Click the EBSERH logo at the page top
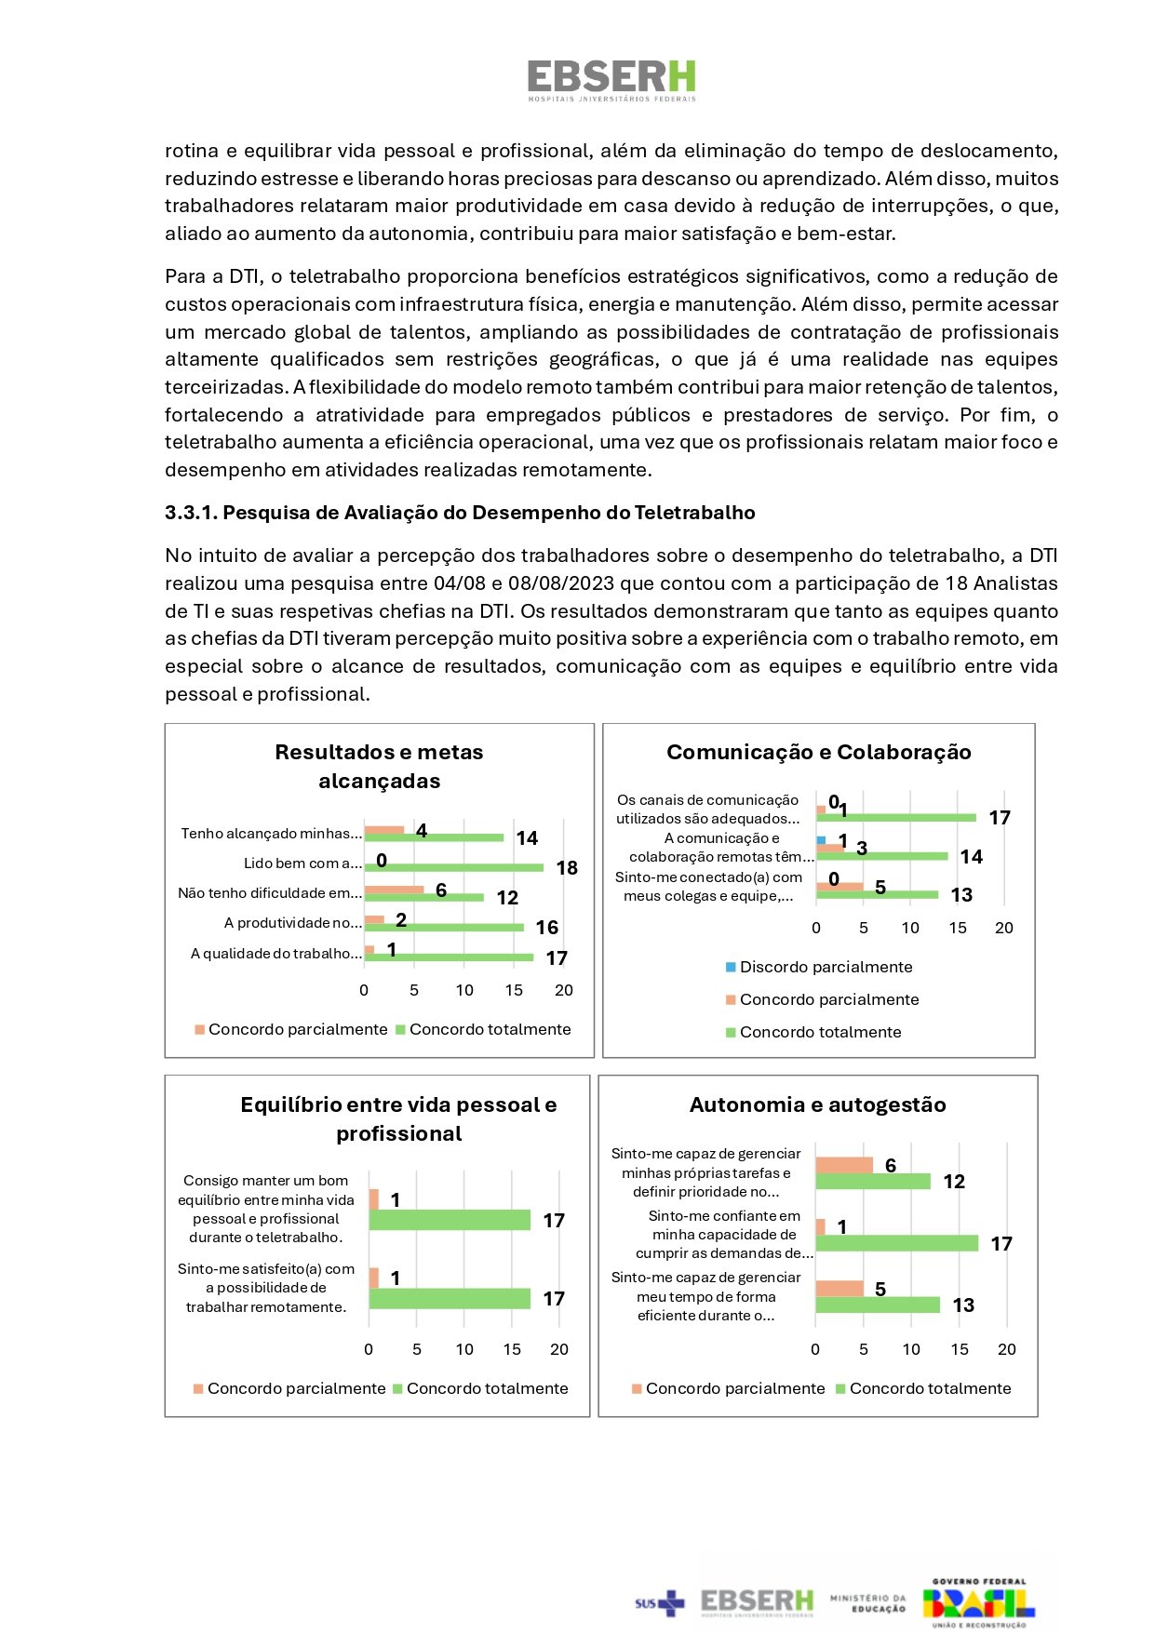point(611,80)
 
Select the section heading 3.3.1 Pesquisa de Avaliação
point(460,513)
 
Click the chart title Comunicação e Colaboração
point(818,752)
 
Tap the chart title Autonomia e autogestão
point(817,1104)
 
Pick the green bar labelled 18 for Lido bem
point(453,868)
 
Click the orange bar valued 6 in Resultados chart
point(394,890)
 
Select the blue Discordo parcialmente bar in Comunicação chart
point(821,840)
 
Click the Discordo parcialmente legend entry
point(818,967)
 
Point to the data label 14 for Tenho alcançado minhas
point(527,838)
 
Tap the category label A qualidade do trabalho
point(275,954)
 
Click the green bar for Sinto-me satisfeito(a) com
point(450,1298)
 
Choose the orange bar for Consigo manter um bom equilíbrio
point(374,1199)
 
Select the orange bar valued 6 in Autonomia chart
point(844,1165)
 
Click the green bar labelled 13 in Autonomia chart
point(878,1305)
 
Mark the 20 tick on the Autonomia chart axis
point(1007,1349)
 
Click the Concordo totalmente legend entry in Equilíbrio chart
point(480,1388)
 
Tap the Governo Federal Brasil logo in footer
point(978,1602)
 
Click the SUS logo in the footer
point(659,1602)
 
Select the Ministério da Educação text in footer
point(867,1602)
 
